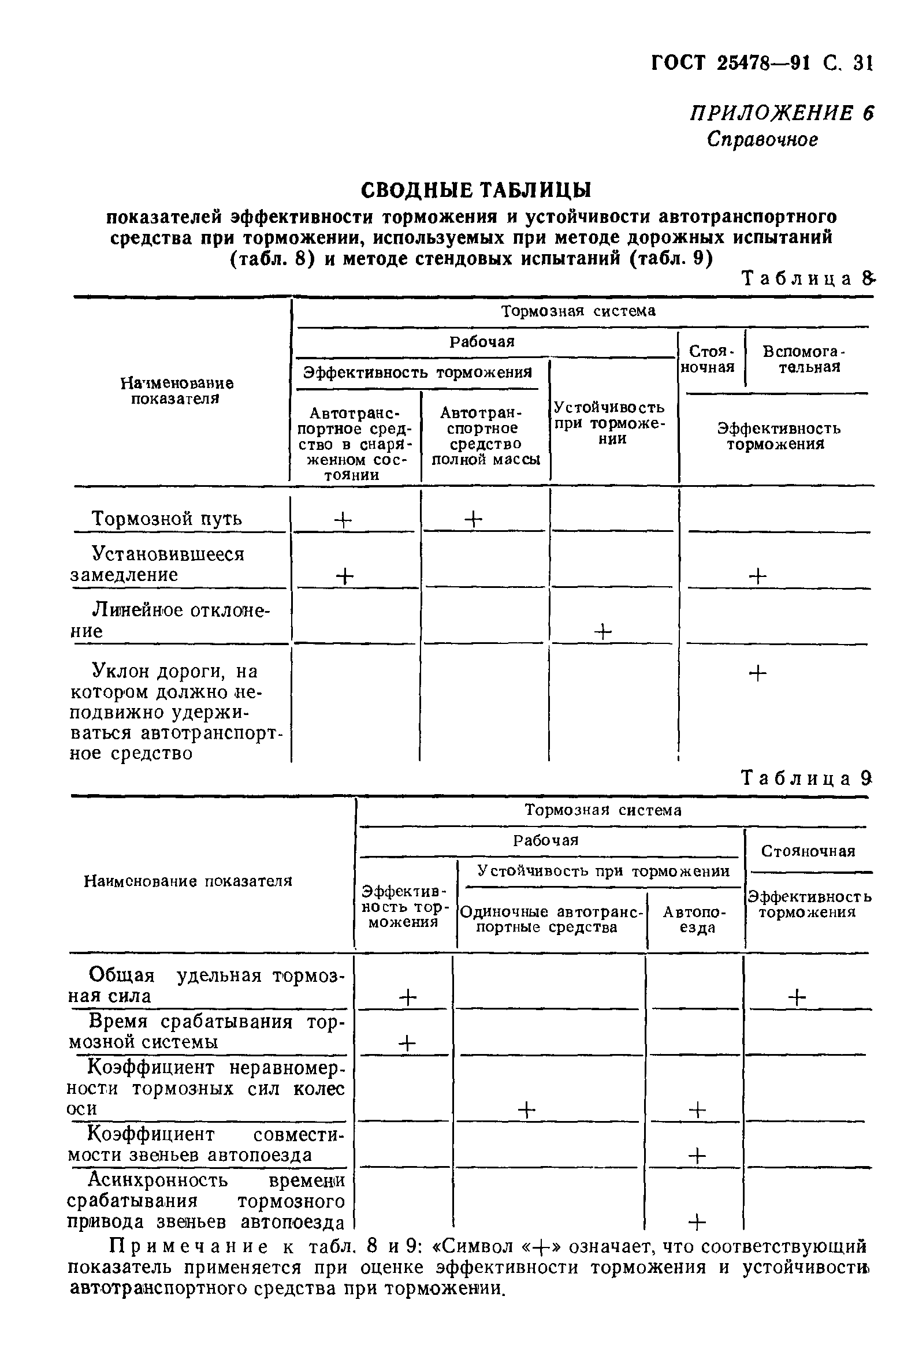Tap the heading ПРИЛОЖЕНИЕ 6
(782, 113)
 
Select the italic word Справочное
(762, 139)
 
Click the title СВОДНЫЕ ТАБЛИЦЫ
(475, 190)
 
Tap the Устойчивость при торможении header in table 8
(609, 422)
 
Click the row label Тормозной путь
(166, 518)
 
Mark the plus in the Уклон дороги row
(757, 673)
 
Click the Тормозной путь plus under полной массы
(474, 518)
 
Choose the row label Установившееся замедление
(158, 564)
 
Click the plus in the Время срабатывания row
(407, 1042)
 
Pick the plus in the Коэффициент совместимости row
(697, 1155)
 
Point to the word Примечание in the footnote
(189, 1247)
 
